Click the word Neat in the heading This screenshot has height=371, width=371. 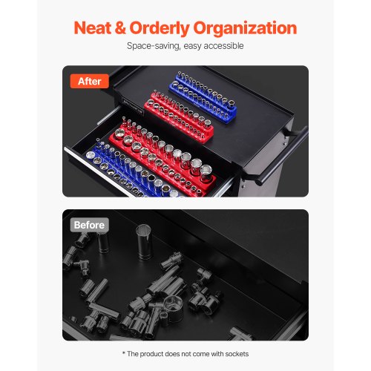point(92,27)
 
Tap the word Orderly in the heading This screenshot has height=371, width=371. point(160,29)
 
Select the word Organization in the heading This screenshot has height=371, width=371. point(245,29)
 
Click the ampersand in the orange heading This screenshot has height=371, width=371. point(120,27)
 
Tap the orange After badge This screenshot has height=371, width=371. point(90,81)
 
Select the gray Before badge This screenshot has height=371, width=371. point(89,225)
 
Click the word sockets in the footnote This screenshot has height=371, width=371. point(237,354)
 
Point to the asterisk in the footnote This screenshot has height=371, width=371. point(124,353)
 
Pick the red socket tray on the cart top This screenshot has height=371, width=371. point(179,116)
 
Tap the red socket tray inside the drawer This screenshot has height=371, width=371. point(163,157)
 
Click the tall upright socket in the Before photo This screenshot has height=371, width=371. point(144,241)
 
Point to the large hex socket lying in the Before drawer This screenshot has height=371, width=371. point(174,309)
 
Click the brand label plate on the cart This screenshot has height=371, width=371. point(133,105)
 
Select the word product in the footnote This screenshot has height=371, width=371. point(152,354)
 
